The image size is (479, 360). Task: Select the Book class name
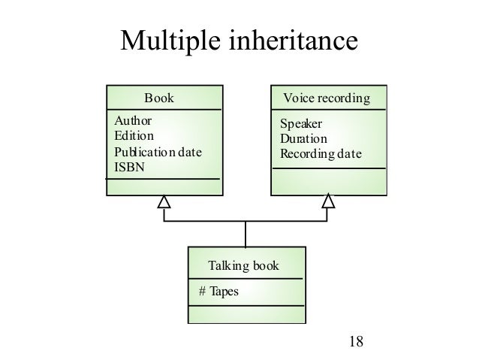pos(158,98)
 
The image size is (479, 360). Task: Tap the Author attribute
pos(131,121)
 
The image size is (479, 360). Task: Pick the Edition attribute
pos(133,136)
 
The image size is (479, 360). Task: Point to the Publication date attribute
pos(157,153)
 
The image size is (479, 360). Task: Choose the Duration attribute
pos(303,139)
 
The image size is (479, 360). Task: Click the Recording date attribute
pos(320,155)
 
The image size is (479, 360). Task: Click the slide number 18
pos(356,341)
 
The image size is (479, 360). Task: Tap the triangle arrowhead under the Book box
pos(164,201)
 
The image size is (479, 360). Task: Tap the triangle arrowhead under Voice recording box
pos(328,201)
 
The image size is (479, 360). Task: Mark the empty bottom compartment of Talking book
pos(246,313)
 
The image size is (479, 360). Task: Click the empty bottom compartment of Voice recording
pos(328,180)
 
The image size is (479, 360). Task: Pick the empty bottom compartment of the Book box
pos(164,186)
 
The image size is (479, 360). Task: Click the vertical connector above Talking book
pos(246,234)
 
